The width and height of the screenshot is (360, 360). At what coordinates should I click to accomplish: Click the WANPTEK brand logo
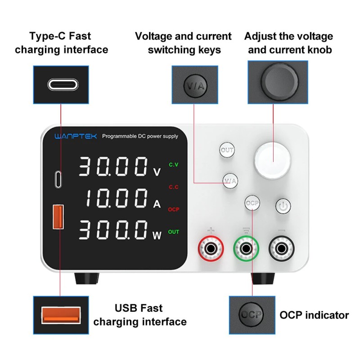click(75, 136)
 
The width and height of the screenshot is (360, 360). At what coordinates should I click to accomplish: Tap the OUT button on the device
click(227, 150)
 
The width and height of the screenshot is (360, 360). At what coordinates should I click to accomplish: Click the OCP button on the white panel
click(252, 203)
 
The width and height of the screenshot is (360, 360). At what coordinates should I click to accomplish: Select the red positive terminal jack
click(210, 248)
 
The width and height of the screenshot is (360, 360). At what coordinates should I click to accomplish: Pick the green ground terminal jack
click(246, 248)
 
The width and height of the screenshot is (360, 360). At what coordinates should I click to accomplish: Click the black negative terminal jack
click(282, 248)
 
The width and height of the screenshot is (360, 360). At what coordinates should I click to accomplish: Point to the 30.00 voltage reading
click(113, 167)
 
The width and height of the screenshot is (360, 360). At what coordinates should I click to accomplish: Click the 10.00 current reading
click(117, 198)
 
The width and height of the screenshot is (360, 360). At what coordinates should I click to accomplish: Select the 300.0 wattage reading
click(113, 230)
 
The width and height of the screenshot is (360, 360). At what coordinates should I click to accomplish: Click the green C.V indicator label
click(174, 165)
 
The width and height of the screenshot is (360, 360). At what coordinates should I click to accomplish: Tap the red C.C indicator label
click(174, 187)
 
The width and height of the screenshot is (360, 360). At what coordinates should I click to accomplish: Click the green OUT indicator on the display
click(174, 232)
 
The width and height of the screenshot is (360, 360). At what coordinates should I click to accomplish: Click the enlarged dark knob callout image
click(278, 82)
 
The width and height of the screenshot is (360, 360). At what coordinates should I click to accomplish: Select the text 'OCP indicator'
click(314, 315)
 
